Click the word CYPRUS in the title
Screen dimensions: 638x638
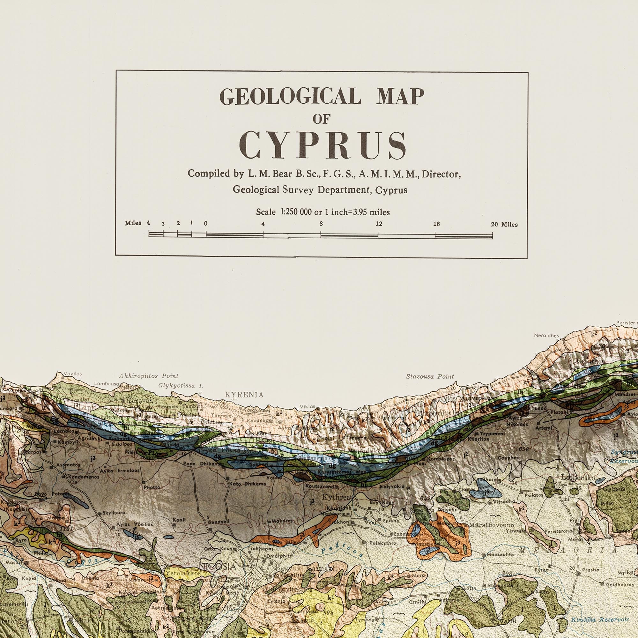point(323,146)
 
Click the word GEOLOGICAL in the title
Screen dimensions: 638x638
point(290,96)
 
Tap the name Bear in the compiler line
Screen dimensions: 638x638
point(283,174)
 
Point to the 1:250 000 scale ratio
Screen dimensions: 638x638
point(296,212)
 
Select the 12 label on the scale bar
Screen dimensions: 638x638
point(379,224)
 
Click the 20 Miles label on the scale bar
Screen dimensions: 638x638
point(504,225)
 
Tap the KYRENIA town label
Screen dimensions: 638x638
point(244,395)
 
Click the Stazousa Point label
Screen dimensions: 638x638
point(430,376)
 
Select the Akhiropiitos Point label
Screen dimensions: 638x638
point(149,376)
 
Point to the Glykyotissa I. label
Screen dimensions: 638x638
point(181,385)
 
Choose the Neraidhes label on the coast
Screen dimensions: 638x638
point(546,336)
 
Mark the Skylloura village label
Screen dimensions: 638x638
point(114,513)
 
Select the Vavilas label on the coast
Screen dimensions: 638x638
point(72,374)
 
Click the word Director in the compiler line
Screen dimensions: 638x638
point(441,174)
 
